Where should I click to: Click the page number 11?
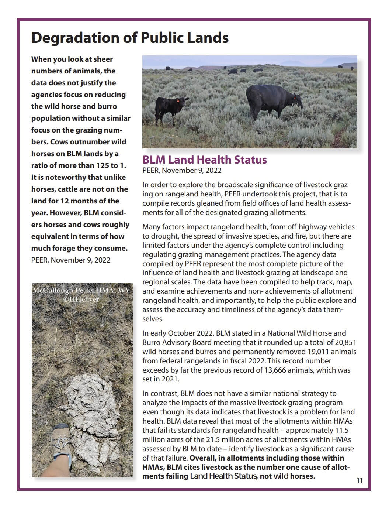pyautogui.click(x=360, y=480)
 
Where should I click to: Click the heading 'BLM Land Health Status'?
pyautogui.click(x=205, y=160)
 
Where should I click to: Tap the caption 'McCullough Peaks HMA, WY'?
pyautogui.click(x=81, y=290)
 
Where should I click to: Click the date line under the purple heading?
pyautogui.click(x=182, y=170)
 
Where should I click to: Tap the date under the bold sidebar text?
pyautogui.click(x=71, y=260)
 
